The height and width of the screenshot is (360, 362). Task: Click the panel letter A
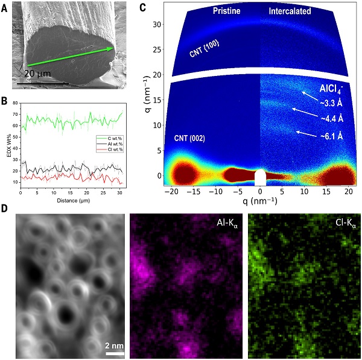(6, 8)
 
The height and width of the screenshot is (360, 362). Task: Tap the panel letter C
(143, 8)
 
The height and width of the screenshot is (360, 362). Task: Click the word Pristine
(227, 11)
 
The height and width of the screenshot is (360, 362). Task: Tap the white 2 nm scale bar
(115, 353)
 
